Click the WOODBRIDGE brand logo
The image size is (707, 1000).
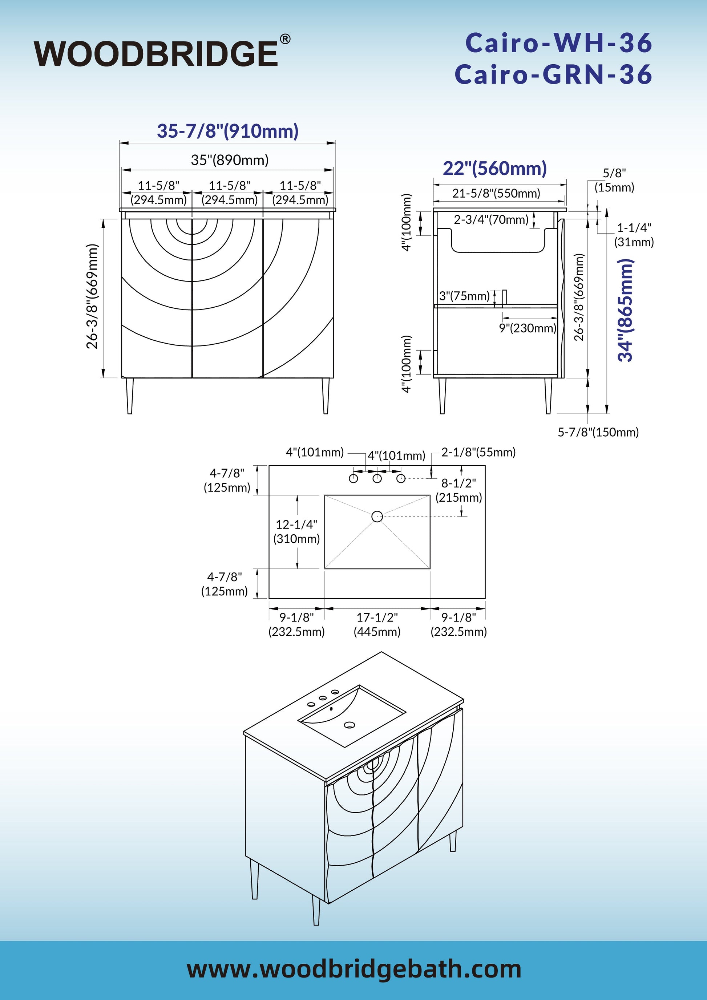[162, 53]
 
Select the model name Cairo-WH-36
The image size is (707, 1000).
[559, 43]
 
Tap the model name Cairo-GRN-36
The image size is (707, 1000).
[553, 74]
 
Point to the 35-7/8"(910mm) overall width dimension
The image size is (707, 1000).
[228, 131]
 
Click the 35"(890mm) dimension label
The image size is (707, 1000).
[230, 160]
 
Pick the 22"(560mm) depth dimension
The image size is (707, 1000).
[495, 168]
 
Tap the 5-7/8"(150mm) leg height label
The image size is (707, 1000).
[598, 433]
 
